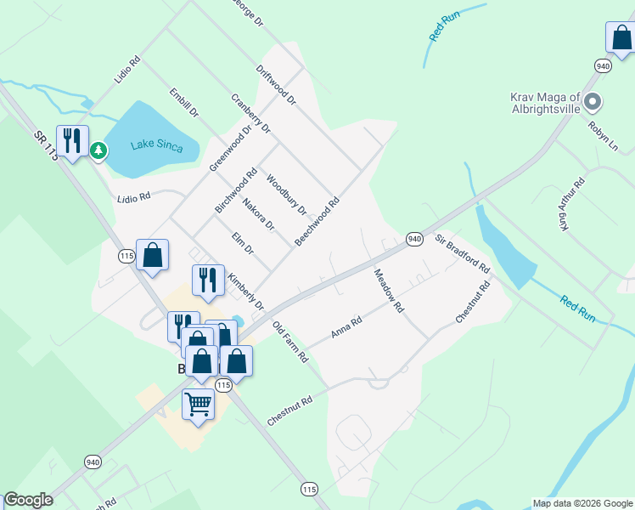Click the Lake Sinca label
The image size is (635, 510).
coord(157,145)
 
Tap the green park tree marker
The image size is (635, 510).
coord(99,150)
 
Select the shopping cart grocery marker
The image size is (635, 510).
coord(198,404)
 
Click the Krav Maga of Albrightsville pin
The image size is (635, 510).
coord(593,101)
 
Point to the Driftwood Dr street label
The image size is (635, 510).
coord(276,85)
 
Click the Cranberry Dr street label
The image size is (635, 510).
coord(250,113)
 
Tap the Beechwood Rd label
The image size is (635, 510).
coord(317,222)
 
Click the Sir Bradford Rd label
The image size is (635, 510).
coord(462,253)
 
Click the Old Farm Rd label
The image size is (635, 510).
coord(289,342)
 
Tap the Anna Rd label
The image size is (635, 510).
coord(346,326)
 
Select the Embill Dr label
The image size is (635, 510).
coord(183,102)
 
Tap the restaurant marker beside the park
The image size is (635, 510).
coord(71,139)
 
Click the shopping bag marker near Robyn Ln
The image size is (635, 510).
coord(621,37)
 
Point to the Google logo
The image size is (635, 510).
coord(28,500)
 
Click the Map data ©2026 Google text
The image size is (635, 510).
coord(582,503)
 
